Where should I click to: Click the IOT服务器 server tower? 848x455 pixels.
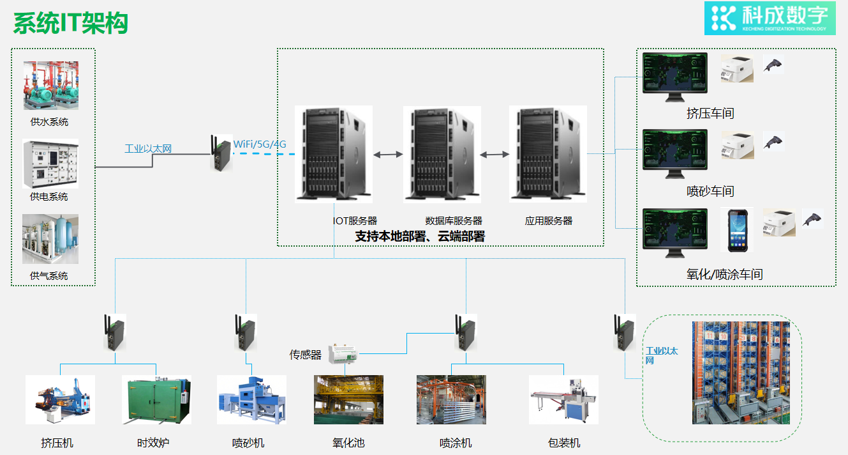pos(333,154)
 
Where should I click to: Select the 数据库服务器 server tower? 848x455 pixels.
pos(442,154)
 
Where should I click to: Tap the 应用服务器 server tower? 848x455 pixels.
pos(547,154)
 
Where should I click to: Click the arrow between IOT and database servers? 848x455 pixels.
pos(388,155)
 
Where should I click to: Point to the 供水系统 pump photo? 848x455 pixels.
pos(51,86)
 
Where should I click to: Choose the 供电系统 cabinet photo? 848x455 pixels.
pos(50,164)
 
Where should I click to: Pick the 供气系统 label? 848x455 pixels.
pos(49,276)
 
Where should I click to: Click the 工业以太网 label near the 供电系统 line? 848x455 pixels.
pos(148,149)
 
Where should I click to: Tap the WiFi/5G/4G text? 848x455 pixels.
pos(260,144)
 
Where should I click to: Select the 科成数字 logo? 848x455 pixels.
pos(770,18)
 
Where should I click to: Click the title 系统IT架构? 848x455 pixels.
pos(71,24)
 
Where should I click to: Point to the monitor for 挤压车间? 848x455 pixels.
pos(675,75)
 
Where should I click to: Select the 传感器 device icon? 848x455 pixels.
pos(344,354)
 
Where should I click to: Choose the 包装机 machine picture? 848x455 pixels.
pos(563,399)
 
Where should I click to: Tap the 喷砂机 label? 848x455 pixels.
pos(248,443)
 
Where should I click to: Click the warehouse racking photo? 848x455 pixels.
pos(741,373)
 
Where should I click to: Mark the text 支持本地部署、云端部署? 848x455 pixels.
pos(420,236)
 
